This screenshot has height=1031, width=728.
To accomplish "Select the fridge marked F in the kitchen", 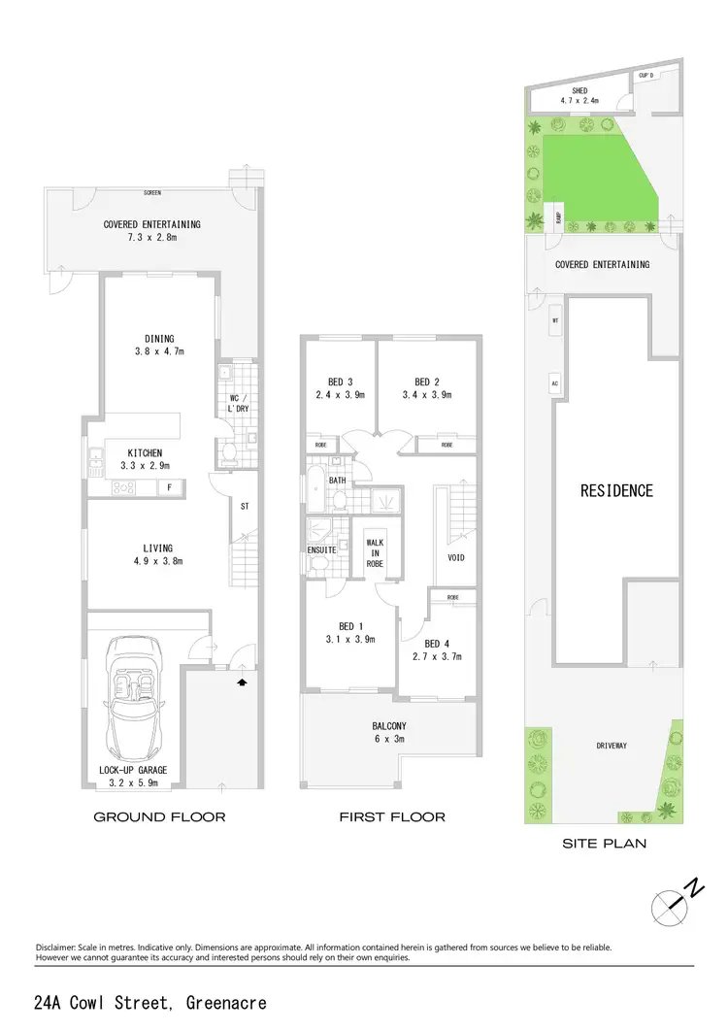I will [171, 488].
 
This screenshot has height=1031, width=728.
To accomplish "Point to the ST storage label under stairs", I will [245, 505].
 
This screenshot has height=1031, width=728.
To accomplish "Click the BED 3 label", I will [338, 382].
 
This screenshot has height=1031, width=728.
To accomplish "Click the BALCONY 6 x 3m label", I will [389, 732].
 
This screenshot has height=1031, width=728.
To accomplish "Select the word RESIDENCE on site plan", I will [616, 490].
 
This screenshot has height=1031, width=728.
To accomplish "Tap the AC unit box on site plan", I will [556, 382].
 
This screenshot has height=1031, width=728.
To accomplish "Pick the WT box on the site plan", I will [556, 319].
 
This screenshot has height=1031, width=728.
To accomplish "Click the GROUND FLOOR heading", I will [159, 817].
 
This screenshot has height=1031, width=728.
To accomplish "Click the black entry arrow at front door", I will [241, 683].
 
